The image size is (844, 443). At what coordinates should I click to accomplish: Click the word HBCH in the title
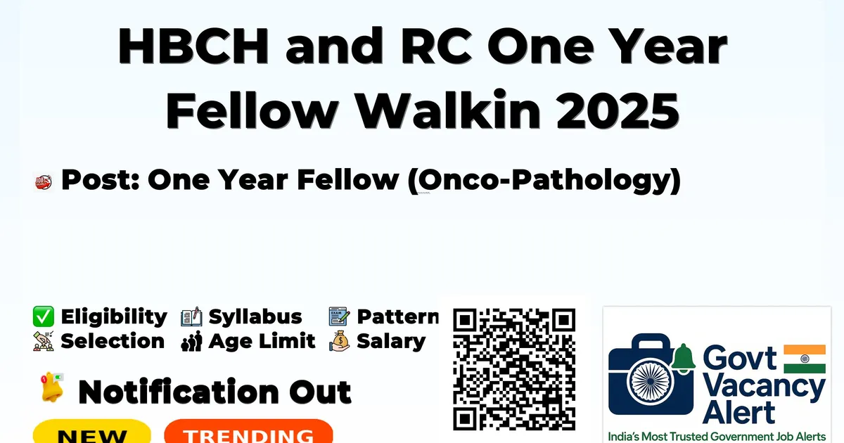[x=193, y=46]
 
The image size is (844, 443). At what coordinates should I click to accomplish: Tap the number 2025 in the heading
[x=618, y=111]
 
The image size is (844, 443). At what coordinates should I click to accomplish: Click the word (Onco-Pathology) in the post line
[x=544, y=181]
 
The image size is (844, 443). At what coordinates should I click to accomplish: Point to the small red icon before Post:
[x=44, y=182]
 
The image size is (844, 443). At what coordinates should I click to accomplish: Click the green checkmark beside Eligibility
[x=44, y=316]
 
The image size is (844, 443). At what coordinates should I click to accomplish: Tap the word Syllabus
[x=255, y=317]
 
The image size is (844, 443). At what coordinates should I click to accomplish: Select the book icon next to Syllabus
[x=191, y=316]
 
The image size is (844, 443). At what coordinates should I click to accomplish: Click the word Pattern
[x=398, y=316]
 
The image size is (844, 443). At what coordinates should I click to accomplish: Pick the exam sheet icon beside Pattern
[x=339, y=316]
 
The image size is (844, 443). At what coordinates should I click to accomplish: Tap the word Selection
[x=113, y=341]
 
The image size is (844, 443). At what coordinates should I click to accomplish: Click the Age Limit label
[x=262, y=342]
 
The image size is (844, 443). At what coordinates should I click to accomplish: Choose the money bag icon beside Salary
[x=340, y=341]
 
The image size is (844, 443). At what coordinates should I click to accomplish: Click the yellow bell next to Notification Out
[x=52, y=387]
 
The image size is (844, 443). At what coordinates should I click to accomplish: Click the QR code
[x=514, y=369]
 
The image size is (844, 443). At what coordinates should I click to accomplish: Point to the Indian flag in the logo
[x=805, y=359]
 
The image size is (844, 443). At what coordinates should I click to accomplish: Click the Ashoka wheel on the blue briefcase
[x=651, y=381]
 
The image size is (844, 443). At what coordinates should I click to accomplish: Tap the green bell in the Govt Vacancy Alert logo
[x=683, y=358]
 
